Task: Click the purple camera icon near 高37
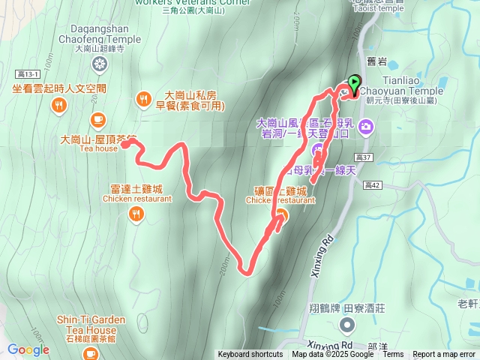click(365, 125)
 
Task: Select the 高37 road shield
click(364, 157)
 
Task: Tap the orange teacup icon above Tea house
click(97, 119)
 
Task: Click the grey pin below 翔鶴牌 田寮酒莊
click(346, 325)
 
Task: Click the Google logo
click(28, 349)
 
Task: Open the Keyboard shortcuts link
click(250, 355)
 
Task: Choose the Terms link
click(393, 355)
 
